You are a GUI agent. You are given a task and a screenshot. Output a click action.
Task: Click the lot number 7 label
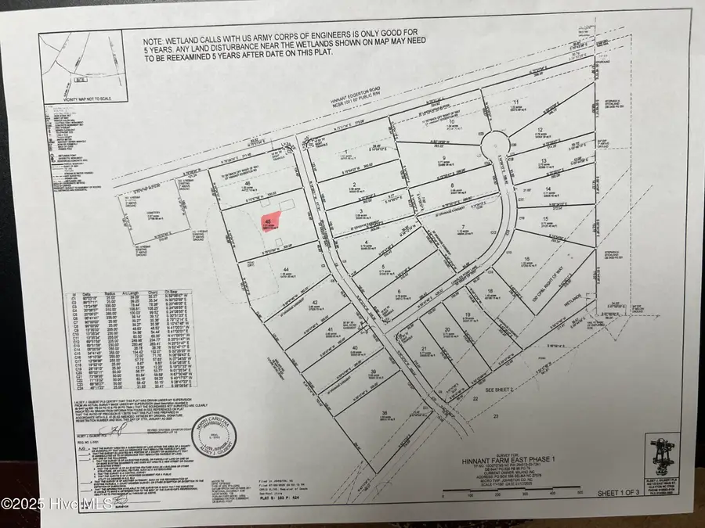[x=454, y=226]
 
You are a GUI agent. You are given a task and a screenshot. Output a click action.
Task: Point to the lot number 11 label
[x=516, y=102]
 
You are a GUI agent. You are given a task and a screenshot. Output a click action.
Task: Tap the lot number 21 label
[x=424, y=349]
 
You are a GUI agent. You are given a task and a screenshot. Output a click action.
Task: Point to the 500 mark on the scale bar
[x=580, y=494]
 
